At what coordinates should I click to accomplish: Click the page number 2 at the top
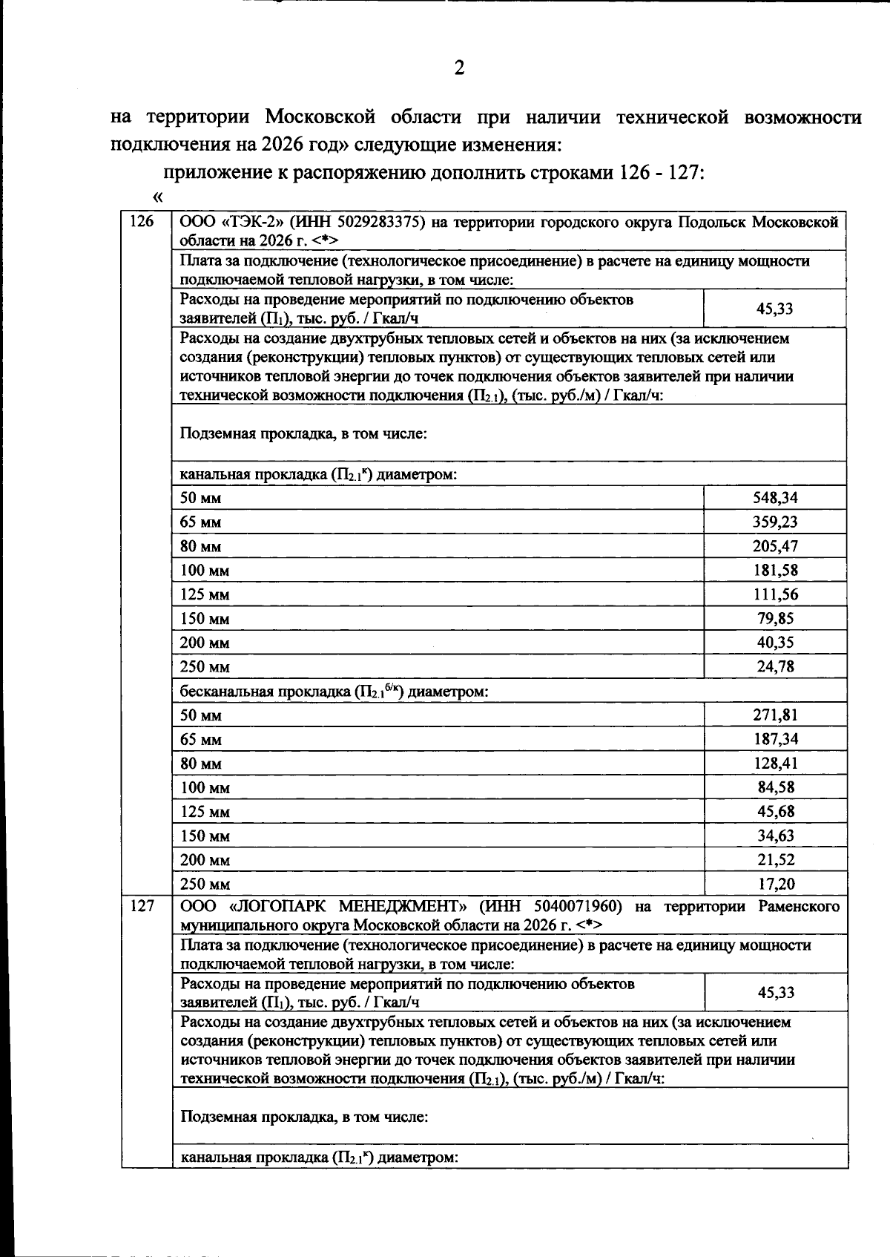459,68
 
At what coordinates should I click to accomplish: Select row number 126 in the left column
141,221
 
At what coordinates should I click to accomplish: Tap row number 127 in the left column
141,906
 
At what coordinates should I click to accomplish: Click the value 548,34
775,498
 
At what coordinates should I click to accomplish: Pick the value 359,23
775,522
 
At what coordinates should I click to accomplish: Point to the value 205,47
775,546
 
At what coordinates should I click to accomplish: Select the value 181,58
775,570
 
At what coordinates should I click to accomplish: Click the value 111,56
775,594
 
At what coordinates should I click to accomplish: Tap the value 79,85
775,618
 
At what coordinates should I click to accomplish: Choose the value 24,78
775,666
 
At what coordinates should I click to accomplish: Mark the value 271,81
775,715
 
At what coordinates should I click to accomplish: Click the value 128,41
775,763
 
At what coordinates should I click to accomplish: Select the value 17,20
775,884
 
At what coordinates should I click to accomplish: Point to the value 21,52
775,859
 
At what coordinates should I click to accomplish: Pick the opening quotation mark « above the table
156,197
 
